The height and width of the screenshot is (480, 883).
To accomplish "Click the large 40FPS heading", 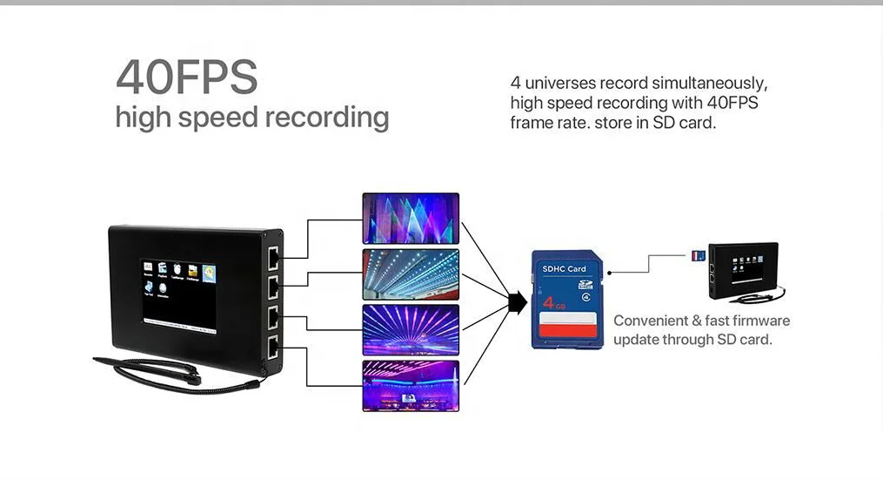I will pyautogui.click(x=187, y=78).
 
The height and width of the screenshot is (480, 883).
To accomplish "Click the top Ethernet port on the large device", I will pyautogui.click(x=273, y=257).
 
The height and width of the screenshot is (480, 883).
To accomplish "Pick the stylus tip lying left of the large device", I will pyautogui.click(x=98, y=358).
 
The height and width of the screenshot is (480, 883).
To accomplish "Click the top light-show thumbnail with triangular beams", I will pyautogui.click(x=410, y=217).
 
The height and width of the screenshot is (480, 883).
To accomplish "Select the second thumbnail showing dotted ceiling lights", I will pyautogui.click(x=410, y=274).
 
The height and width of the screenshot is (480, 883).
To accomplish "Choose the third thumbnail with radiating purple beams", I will pyautogui.click(x=410, y=329).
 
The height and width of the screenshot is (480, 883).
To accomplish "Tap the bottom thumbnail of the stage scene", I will pyautogui.click(x=410, y=385).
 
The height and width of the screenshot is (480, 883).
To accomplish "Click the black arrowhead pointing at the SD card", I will pyautogui.click(x=518, y=302).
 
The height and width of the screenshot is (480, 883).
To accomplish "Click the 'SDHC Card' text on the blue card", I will pyautogui.click(x=564, y=269).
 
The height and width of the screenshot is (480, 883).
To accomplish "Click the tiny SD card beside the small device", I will pyautogui.click(x=697, y=255).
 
